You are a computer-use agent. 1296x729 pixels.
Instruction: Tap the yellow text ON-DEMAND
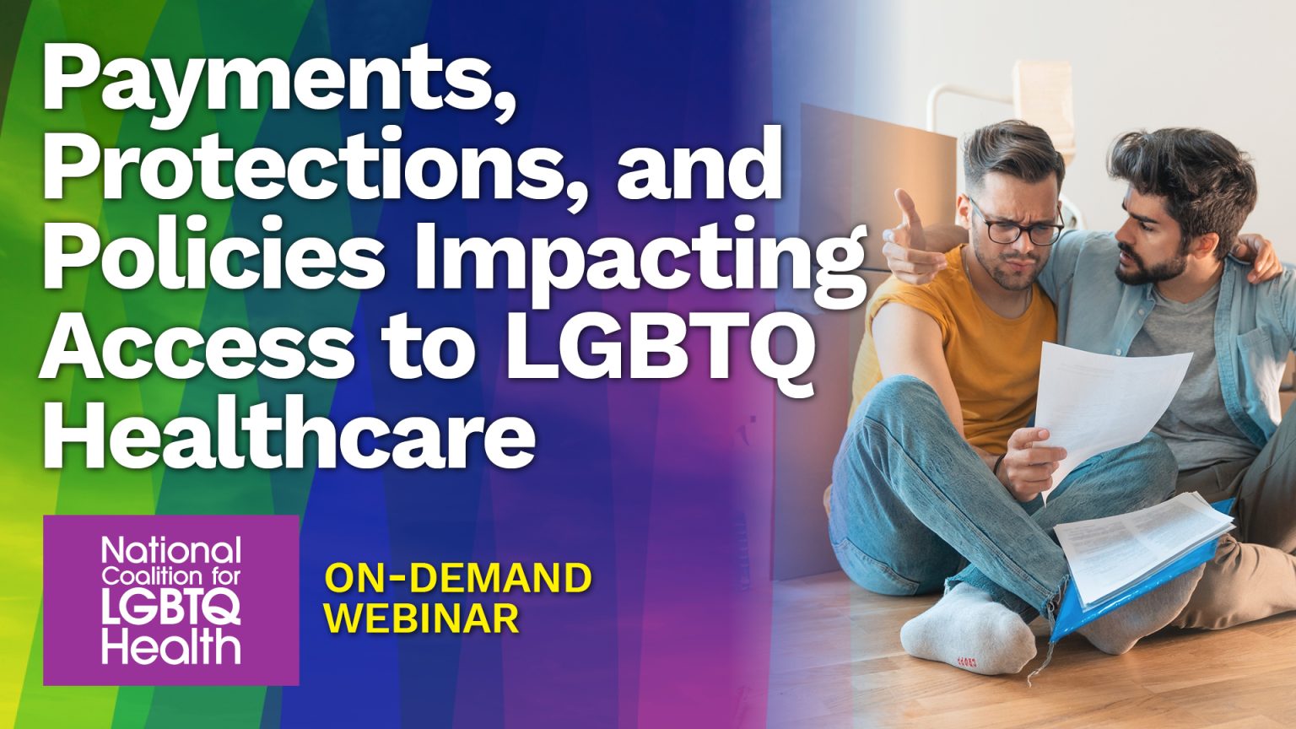(x=458, y=579)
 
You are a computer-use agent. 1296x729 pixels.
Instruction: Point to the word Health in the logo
(x=171, y=648)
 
